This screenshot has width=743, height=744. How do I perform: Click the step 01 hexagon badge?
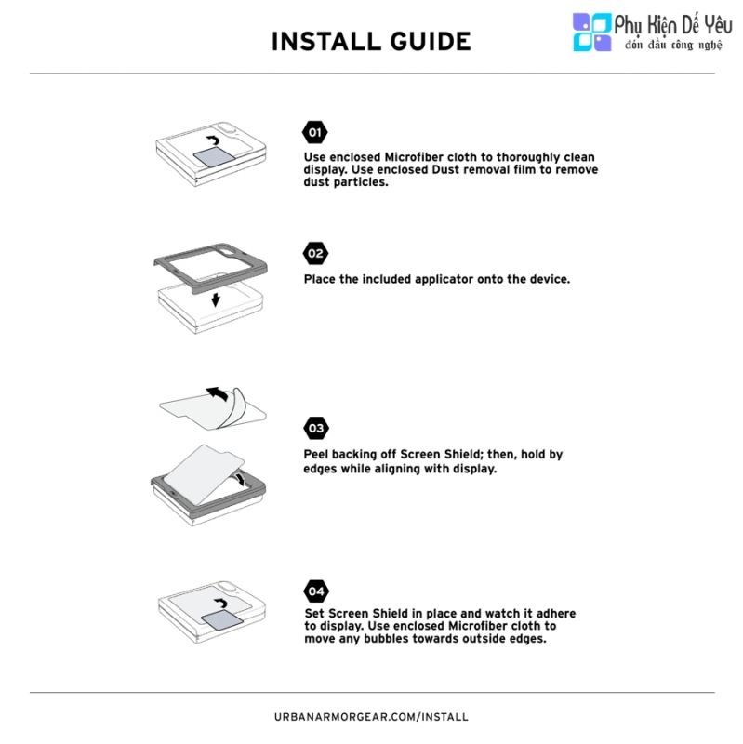315,132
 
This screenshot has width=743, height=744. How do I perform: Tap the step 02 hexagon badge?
315,253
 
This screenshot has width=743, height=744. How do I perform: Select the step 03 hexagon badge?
316,429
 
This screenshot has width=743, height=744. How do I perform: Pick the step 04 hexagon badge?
316,591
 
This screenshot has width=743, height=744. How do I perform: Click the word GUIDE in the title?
431,42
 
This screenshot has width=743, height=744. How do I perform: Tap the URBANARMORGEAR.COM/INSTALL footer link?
372,717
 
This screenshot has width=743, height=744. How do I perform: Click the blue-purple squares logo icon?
592,32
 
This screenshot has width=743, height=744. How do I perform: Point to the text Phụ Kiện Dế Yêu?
673,25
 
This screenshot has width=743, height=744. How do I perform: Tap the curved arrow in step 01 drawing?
213,140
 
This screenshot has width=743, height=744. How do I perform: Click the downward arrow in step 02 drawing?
216,299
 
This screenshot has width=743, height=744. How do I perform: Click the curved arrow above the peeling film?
217,393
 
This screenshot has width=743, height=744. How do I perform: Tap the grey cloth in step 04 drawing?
222,621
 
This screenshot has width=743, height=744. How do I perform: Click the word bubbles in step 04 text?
387,639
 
